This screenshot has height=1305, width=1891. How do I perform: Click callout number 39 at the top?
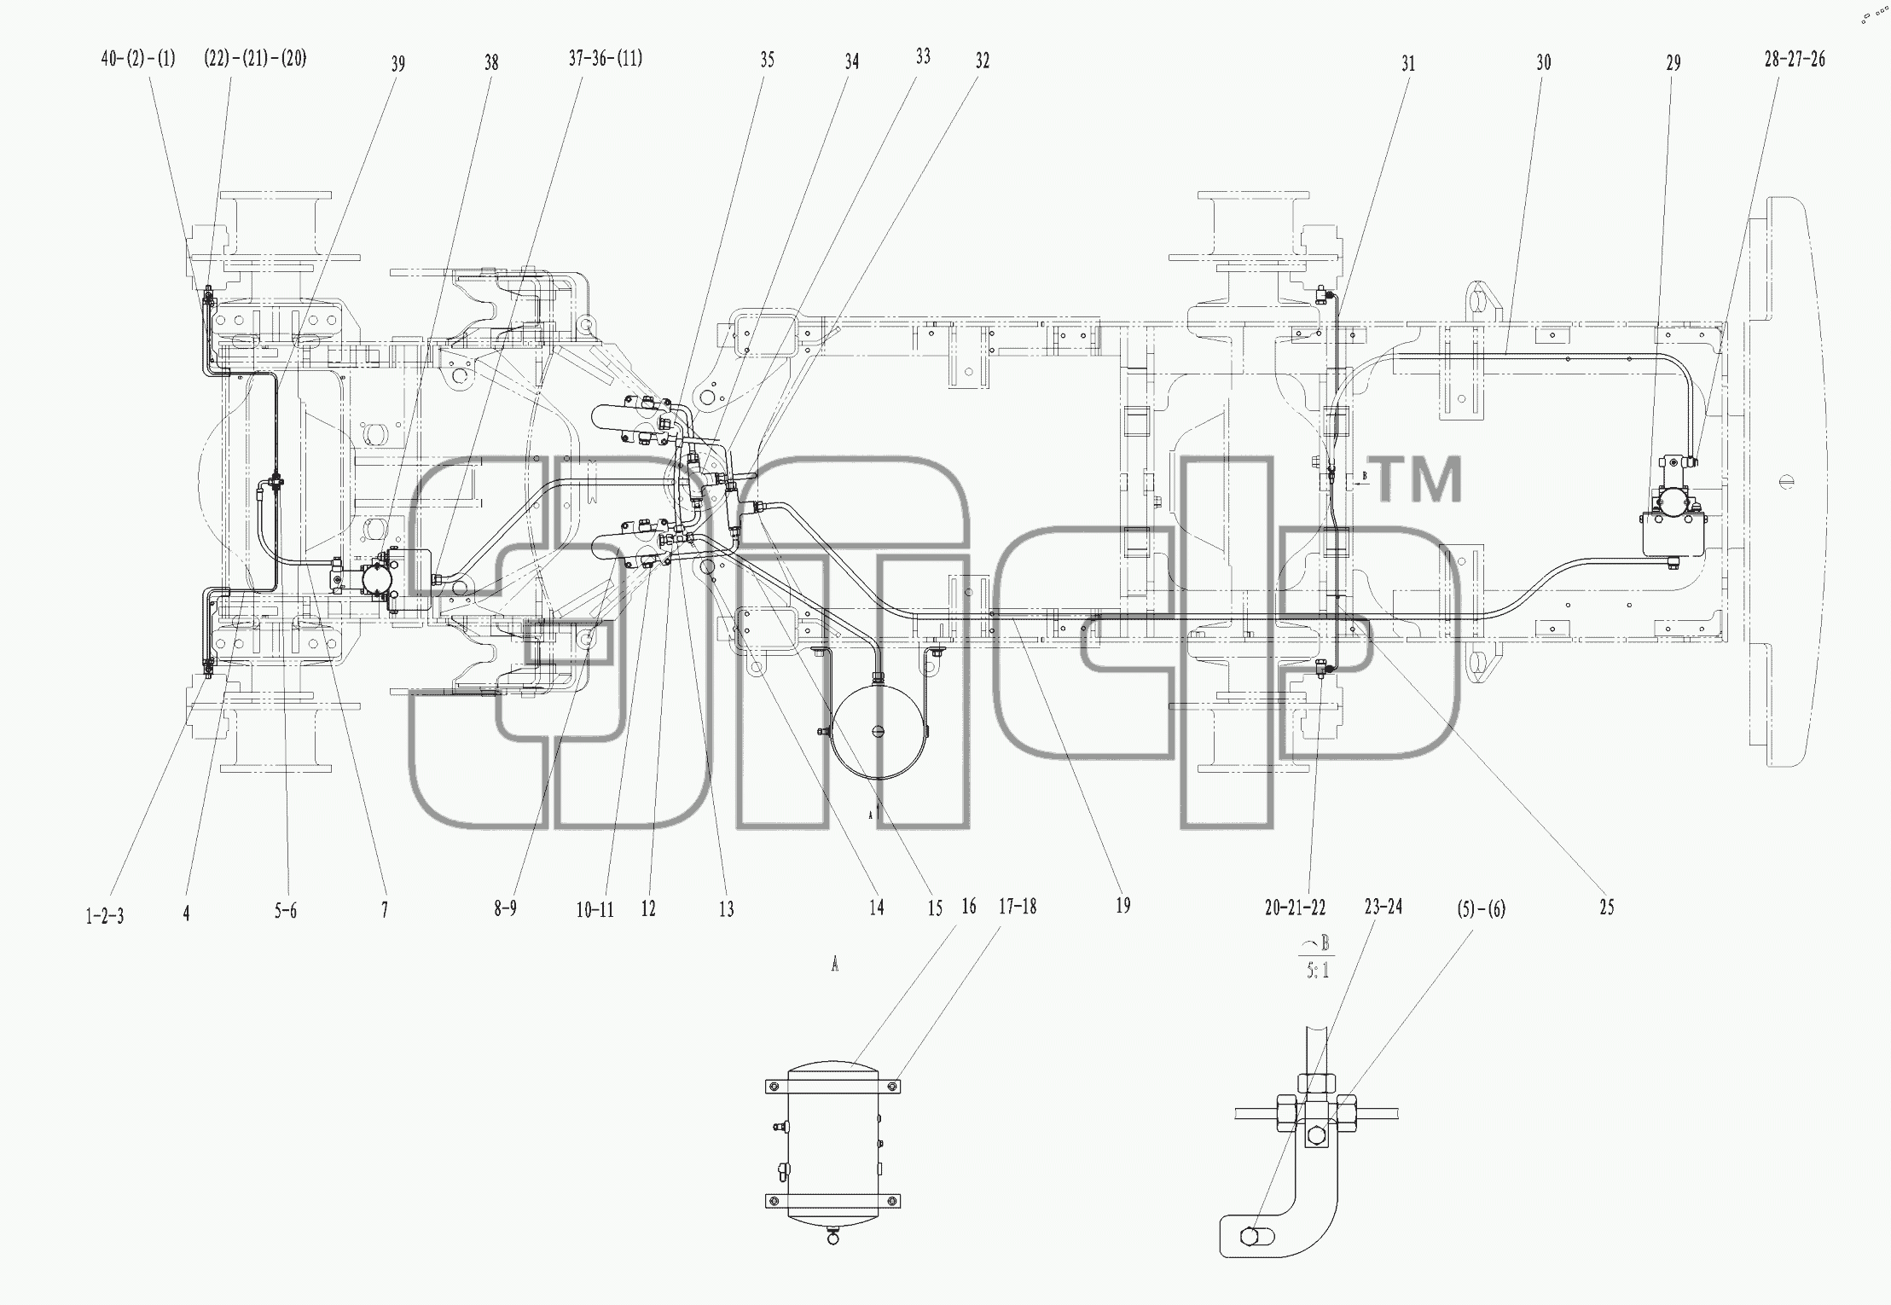point(398,64)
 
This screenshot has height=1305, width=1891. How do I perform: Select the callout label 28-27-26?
point(1795,59)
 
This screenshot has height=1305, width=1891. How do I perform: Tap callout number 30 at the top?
point(1544,62)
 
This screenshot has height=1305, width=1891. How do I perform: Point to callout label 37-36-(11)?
point(606,59)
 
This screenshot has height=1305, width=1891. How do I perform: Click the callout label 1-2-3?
point(105,916)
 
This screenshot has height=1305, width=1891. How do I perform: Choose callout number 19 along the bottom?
point(1123,906)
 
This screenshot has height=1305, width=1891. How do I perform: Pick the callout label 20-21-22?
point(1296,908)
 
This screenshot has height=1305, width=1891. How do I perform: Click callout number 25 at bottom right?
point(1607,908)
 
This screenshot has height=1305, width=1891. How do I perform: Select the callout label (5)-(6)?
point(1482,909)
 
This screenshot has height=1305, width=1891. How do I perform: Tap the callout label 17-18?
point(1018,906)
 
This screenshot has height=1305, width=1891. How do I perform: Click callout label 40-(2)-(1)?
point(138,59)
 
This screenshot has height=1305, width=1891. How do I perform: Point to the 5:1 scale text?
point(1318,970)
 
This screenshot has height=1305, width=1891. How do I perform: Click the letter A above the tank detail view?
point(835,965)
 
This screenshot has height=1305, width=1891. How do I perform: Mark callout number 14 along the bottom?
point(877,908)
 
